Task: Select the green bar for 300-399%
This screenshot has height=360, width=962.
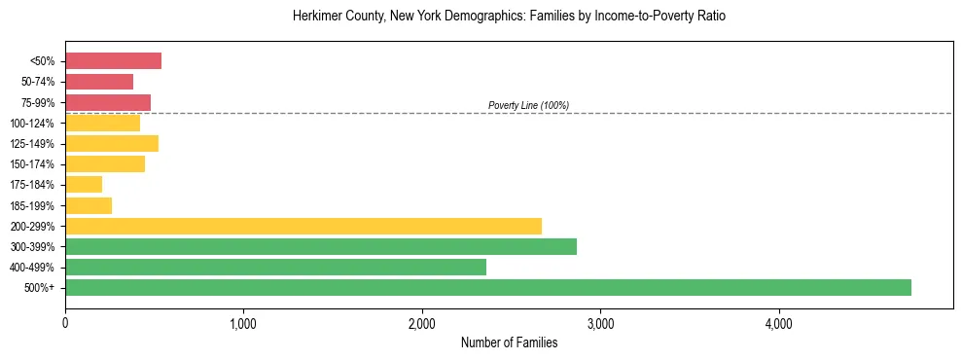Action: pyautogui.click(x=321, y=246)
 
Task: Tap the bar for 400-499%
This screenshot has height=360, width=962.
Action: pyautogui.click(x=275, y=267)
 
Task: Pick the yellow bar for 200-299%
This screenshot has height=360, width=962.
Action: pyautogui.click(x=303, y=226)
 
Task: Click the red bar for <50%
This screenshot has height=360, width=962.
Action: pyautogui.click(x=113, y=61)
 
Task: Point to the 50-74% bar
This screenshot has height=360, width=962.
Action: pyautogui.click(x=99, y=82)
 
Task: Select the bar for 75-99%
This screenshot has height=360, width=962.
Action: pyautogui.click(x=108, y=102)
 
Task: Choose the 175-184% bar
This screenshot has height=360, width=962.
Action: pyautogui.click(x=84, y=185)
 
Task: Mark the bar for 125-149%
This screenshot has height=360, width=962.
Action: pyautogui.click(x=112, y=144)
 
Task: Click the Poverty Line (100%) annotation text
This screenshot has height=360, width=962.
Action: pyautogui.click(x=528, y=105)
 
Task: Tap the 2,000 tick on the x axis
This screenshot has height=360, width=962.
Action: pyautogui.click(x=422, y=323)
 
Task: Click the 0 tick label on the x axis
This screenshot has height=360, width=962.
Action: pyautogui.click(x=65, y=323)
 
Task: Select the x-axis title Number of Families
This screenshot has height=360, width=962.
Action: pyautogui.click(x=509, y=342)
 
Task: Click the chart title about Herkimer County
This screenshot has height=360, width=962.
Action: pyautogui.click(x=509, y=17)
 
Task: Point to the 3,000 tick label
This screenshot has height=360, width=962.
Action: pyautogui.click(x=600, y=323)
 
